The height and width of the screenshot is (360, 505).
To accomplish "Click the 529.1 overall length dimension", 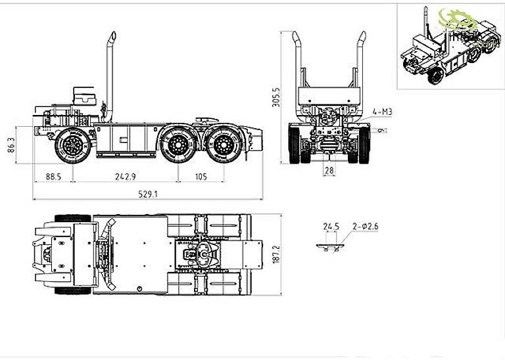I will click(x=147, y=194).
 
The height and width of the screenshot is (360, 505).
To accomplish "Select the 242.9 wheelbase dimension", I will click(x=124, y=177).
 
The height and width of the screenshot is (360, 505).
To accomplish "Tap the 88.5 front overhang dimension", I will click(x=54, y=177).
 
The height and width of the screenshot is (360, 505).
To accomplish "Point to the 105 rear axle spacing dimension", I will click(x=201, y=177).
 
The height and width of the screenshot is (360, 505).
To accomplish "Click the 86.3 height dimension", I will click(x=11, y=145).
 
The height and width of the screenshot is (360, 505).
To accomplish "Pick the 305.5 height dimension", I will click(x=276, y=97).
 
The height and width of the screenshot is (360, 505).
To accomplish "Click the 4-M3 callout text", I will click(x=382, y=112).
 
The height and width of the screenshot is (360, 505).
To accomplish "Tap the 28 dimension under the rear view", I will click(x=328, y=171).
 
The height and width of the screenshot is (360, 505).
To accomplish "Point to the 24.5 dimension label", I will click(x=331, y=227).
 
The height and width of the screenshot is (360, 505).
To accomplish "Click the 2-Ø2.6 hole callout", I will click(x=365, y=227).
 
